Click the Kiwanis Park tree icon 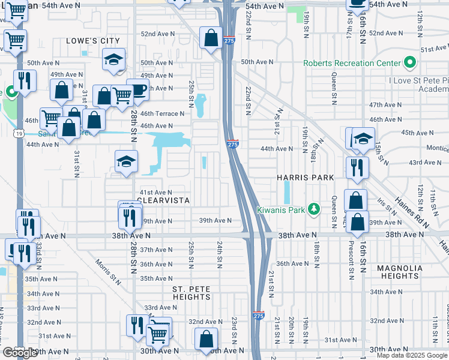tap(313, 209)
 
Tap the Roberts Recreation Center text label tap(352, 63)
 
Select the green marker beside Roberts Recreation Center tap(411, 62)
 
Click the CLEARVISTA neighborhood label tap(163, 200)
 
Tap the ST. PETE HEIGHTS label tap(191, 293)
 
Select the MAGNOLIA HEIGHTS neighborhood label tap(399, 272)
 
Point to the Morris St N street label tap(109, 271)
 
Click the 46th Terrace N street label tap(162, 113)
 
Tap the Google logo tap(20, 353)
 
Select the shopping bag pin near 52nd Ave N tap(211, 38)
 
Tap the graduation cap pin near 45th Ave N tap(363, 139)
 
